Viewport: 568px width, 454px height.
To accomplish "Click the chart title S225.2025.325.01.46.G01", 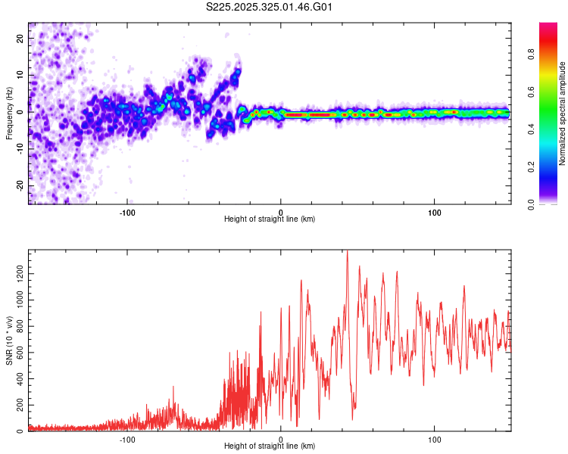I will pos(270,8).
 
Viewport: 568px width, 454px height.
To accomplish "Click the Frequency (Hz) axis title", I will pos(10,113).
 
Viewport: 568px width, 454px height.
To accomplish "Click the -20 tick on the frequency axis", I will pos(20,185).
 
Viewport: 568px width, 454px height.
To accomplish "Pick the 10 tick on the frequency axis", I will pos(20,76).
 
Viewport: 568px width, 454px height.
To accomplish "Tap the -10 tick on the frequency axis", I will pos(20,149).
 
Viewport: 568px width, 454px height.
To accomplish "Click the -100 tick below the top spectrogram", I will pos(127,211).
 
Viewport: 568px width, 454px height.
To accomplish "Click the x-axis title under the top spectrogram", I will pos(270,219).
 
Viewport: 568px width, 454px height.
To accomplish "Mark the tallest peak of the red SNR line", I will pos(347,252).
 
